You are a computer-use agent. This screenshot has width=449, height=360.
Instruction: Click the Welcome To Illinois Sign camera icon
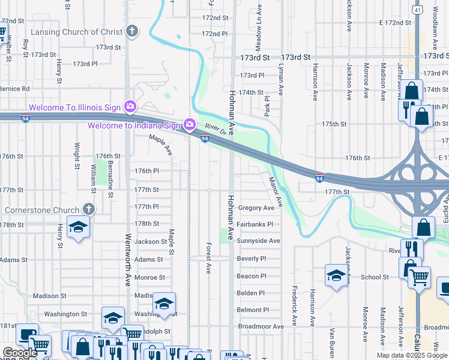coord(130,107)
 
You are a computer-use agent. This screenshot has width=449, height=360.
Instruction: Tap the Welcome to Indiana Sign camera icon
coord(190,125)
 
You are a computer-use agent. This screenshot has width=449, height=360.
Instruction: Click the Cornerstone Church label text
coord(41,210)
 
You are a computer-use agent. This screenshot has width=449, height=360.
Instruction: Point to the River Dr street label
coord(215,128)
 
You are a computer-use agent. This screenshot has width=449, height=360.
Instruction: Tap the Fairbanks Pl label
coord(255,224)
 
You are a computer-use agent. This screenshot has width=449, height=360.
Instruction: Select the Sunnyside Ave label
coord(258,241)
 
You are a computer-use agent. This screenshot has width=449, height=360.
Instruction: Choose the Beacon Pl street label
coord(251,276)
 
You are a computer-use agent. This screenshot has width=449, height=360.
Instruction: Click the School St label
coord(375,277)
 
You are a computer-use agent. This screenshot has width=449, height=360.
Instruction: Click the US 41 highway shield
coord(417,10)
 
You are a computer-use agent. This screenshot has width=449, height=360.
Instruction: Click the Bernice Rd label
coord(14,89)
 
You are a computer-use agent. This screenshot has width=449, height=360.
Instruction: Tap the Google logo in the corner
coord(19,353)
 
